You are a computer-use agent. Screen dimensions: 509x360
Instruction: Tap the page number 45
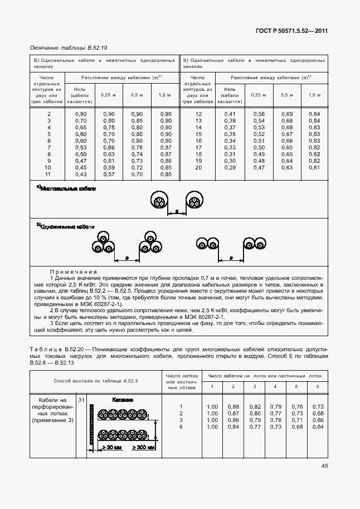[x=324, y=466]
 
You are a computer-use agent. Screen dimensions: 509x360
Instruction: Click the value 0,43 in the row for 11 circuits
[x=80, y=174]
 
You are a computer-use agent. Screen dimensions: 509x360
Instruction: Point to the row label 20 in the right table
[x=198, y=167]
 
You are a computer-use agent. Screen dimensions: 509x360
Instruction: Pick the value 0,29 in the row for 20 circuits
[x=230, y=167]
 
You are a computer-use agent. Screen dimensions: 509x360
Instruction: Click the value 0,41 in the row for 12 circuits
[x=230, y=114]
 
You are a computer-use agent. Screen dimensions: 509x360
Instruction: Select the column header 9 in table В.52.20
[x=318, y=386]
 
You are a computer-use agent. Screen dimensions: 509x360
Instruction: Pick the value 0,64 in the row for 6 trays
[x=318, y=426]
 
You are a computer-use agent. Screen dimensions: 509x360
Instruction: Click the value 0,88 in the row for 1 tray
[x=233, y=406]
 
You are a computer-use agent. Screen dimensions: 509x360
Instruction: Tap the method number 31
[x=81, y=400]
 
